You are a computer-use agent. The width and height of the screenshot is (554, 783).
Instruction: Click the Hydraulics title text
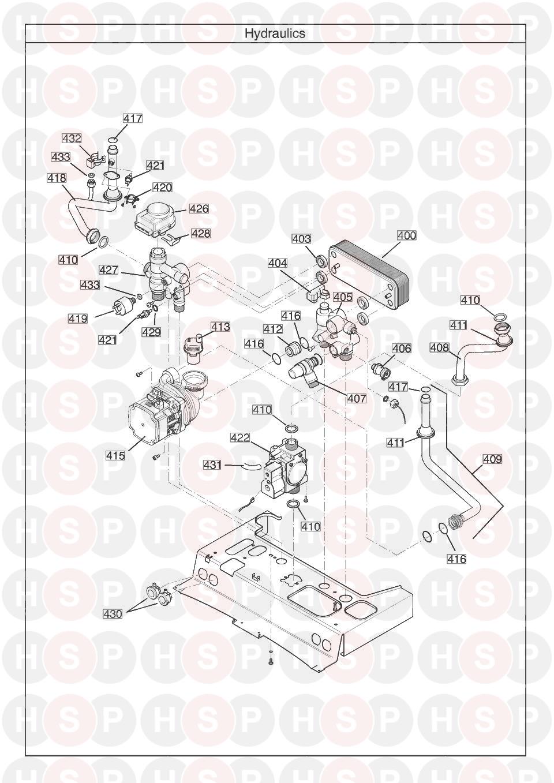tap(275, 33)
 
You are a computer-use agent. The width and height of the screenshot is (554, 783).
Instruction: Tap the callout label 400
tap(406, 236)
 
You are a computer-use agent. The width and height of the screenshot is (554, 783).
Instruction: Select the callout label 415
tap(115, 456)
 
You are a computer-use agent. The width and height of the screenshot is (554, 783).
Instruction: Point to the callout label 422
tap(240, 438)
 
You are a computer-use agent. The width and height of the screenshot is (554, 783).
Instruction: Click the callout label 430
tap(112, 615)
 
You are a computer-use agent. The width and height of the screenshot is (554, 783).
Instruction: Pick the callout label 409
tap(492, 460)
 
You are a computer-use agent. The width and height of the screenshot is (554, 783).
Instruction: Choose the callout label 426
tap(199, 209)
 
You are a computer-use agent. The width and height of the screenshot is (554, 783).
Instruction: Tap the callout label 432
tap(72, 138)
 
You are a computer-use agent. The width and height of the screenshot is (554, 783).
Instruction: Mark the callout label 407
tap(356, 399)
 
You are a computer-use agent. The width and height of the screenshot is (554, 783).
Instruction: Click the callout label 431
tap(212, 464)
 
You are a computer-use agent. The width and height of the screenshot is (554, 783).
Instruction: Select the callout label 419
tap(78, 319)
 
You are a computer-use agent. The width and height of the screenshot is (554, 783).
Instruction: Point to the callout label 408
tap(440, 347)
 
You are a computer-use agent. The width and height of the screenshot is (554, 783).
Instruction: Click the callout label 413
tap(220, 327)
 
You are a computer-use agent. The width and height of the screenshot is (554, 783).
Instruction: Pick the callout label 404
tap(278, 263)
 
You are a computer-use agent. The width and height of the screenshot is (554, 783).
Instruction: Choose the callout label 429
tap(152, 332)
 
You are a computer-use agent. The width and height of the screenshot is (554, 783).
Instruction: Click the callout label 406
tap(402, 349)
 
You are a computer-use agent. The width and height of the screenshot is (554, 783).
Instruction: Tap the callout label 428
tap(201, 234)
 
